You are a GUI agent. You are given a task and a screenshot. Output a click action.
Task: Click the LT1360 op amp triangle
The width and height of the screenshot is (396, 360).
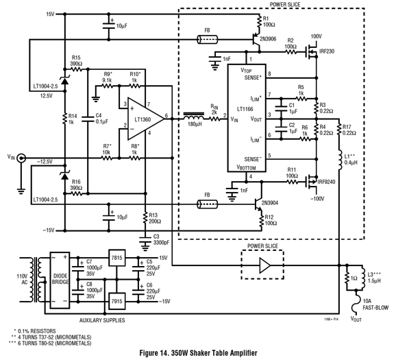pyautogui.click(x=146, y=119)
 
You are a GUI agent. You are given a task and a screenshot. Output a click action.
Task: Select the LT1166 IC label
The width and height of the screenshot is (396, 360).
pyautogui.click(x=245, y=109)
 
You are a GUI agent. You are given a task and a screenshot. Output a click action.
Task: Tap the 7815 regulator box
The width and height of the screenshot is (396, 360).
pyautogui.click(x=116, y=258)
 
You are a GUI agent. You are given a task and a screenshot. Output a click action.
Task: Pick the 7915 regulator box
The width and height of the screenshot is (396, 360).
pyautogui.click(x=116, y=301)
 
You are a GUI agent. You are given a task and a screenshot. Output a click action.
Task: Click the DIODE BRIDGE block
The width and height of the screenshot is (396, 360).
pyautogui.click(x=60, y=280)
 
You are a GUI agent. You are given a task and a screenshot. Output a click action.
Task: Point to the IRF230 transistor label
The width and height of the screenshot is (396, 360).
pyautogui.click(x=327, y=51)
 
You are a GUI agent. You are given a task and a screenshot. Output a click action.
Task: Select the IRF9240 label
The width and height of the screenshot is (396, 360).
pyautogui.click(x=326, y=182)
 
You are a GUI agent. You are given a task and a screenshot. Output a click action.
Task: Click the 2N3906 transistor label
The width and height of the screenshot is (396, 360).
pyautogui.click(x=268, y=39)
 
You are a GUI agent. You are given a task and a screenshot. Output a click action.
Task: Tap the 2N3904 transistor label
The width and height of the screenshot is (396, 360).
pyautogui.click(x=270, y=203)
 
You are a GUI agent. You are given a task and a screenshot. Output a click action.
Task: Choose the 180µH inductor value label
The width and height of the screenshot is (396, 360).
pyautogui.click(x=195, y=124)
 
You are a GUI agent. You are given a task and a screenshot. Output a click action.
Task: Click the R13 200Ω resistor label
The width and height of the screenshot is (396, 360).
pyautogui.click(x=155, y=218)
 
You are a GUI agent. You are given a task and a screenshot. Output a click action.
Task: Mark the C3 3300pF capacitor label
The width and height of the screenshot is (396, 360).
pyautogui.click(x=161, y=240)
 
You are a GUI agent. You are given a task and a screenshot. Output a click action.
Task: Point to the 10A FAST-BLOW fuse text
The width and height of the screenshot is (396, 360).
pyautogui.click(x=375, y=304)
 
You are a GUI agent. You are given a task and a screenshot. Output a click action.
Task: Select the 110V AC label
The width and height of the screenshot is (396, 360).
pyautogui.click(x=24, y=279)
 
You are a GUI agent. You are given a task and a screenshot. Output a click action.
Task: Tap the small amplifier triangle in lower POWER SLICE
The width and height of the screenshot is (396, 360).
pyautogui.click(x=265, y=265)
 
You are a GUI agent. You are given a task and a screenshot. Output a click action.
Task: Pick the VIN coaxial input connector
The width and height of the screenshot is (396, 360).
pyautogui.click(x=21, y=158)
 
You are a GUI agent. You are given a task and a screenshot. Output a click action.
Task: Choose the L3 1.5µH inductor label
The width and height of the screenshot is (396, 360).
pyautogui.click(x=374, y=277)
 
